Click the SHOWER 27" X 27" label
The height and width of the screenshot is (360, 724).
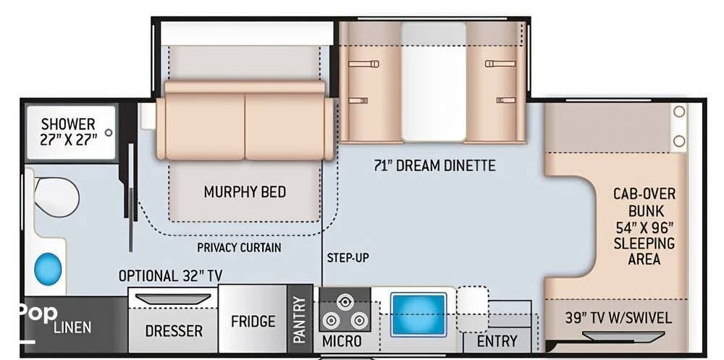[x=68, y=132]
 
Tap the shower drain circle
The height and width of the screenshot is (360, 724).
[x=109, y=133]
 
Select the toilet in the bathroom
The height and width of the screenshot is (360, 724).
[x=56, y=197]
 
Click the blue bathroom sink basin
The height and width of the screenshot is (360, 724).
[x=48, y=269]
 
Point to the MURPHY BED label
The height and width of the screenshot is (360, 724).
[x=245, y=191]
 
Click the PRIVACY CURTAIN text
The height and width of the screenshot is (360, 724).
[x=239, y=248]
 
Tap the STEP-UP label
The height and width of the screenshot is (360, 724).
[x=348, y=258]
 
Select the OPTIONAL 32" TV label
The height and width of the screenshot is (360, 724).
[x=170, y=276]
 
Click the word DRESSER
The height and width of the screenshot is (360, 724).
[x=174, y=331]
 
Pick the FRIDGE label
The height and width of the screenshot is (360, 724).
[x=253, y=321]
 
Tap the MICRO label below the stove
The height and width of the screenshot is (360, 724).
[x=342, y=341]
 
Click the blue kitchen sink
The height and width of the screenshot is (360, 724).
[x=418, y=314]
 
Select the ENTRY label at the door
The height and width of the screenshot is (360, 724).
[x=497, y=341]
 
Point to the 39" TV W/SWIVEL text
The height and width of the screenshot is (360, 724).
[x=618, y=317]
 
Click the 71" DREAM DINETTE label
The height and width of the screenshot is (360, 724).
[x=434, y=165]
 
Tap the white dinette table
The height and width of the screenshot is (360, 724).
[x=434, y=82]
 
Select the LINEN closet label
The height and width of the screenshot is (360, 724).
[x=72, y=327]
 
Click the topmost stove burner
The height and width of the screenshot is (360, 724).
[x=344, y=302]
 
